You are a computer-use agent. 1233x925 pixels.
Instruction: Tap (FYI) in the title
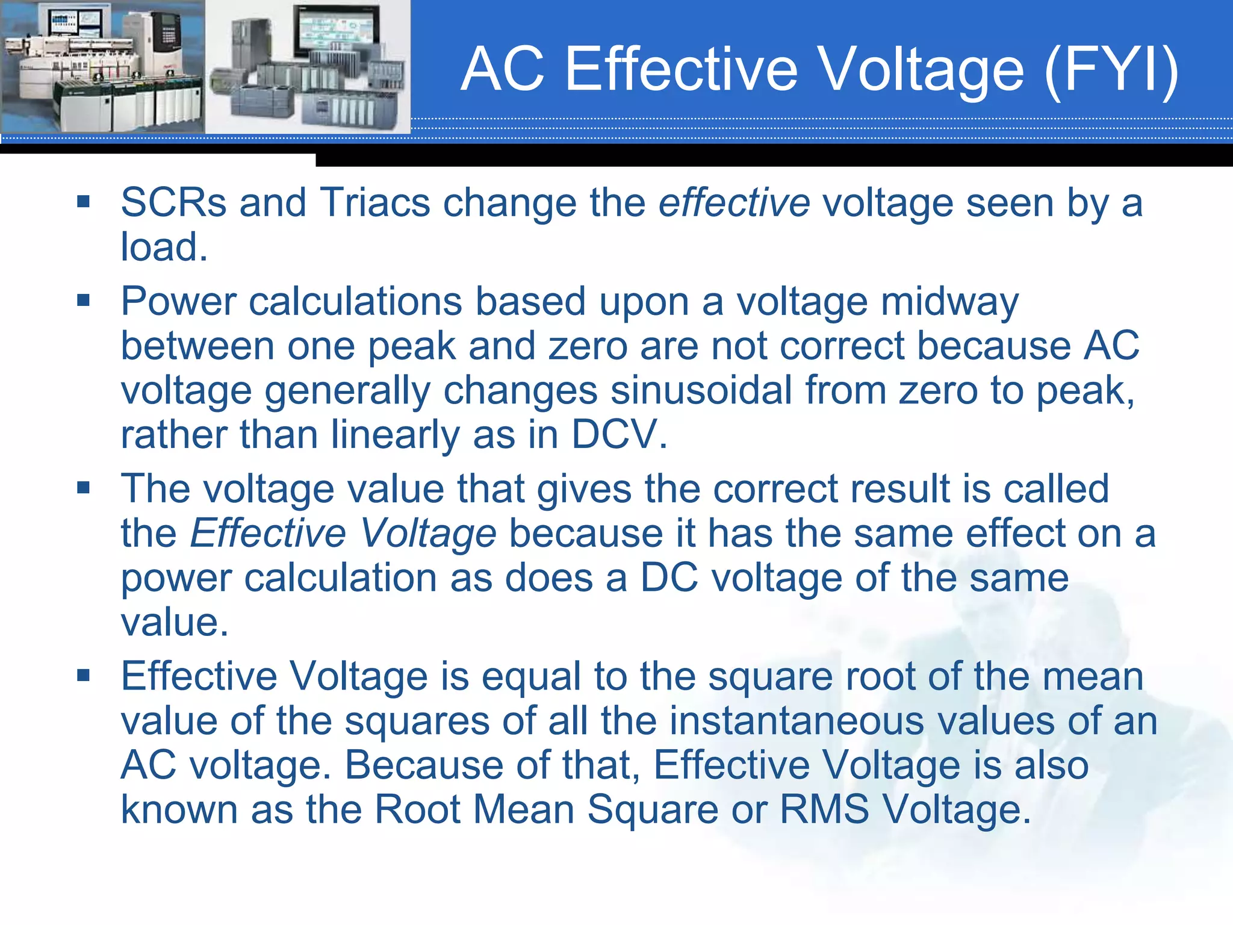pos(1111,71)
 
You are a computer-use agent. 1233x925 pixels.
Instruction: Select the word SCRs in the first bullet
pos(173,202)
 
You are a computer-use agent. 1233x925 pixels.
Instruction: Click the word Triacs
pos(374,202)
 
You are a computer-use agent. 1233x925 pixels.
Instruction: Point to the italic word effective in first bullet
pos(734,202)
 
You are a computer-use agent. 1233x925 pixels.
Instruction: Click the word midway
pos(949,302)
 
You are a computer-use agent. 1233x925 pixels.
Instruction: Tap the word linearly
pos(395,435)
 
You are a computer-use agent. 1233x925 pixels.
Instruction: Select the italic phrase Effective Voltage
pos(343,534)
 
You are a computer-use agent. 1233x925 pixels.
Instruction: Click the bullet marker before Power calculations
pos(83,300)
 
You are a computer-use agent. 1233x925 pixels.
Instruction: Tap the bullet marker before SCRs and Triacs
pos(83,201)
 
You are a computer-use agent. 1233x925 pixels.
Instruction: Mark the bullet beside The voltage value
pos(83,487)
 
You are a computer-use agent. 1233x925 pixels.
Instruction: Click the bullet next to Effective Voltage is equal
pos(83,675)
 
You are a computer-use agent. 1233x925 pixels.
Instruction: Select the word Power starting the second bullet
pos(178,302)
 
